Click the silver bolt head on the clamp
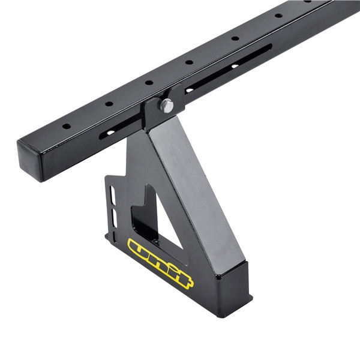pos(166,106)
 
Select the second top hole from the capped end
pos(109,103)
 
